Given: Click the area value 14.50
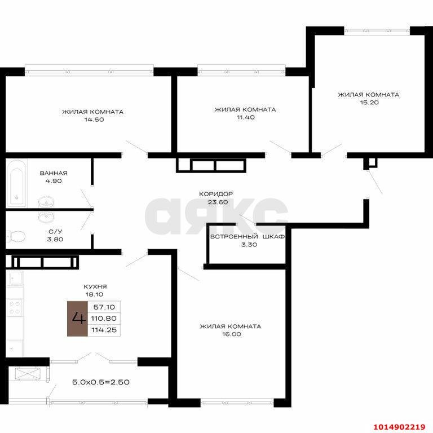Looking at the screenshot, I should point(92,120).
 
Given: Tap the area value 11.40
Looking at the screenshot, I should point(245,118).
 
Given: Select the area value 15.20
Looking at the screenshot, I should point(368,103).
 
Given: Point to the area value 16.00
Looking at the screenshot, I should point(230,334).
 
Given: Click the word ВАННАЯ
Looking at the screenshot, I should point(54,173).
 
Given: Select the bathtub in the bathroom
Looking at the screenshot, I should point(17,182).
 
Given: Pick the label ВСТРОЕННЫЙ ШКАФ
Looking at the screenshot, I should point(247,237).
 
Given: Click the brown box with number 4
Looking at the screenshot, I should point(77,319).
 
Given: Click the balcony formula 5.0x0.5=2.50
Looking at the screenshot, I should point(101,382).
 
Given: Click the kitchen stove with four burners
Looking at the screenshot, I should point(14,307).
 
